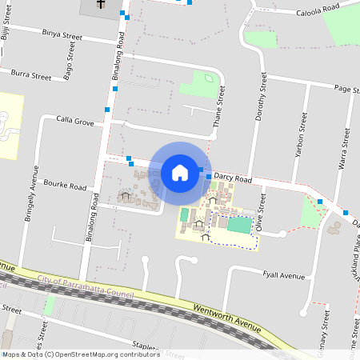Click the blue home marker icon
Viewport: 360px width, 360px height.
coord(180,172)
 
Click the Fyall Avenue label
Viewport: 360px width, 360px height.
coord(284,275)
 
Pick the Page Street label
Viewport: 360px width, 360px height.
coord(335,89)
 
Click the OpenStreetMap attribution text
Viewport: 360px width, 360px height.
coord(81,354)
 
